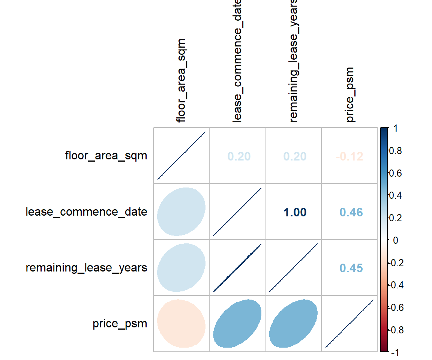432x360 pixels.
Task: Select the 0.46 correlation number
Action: pos(351,213)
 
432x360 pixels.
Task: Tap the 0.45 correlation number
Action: pos(351,268)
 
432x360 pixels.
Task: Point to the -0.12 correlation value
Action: pos(349,156)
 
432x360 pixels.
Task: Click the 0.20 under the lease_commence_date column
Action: pos(238,156)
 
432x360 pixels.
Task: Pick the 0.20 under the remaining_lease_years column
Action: pos(295,156)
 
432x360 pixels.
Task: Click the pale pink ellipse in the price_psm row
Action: pos(181,323)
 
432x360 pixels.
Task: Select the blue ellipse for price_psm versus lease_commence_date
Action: pos(237,323)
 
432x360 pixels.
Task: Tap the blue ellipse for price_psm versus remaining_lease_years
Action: pos(293,323)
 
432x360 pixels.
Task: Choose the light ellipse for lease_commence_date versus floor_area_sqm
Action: pos(181,211)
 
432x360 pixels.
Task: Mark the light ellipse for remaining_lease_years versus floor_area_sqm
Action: pos(181,267)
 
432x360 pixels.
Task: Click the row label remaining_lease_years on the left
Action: pos(86,268)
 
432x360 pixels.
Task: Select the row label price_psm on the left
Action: pos(120,324)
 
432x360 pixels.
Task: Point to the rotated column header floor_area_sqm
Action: pos(181,80)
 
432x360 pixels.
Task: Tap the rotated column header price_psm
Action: pos(350,94)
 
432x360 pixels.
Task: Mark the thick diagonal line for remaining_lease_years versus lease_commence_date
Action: pos(237,267)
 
